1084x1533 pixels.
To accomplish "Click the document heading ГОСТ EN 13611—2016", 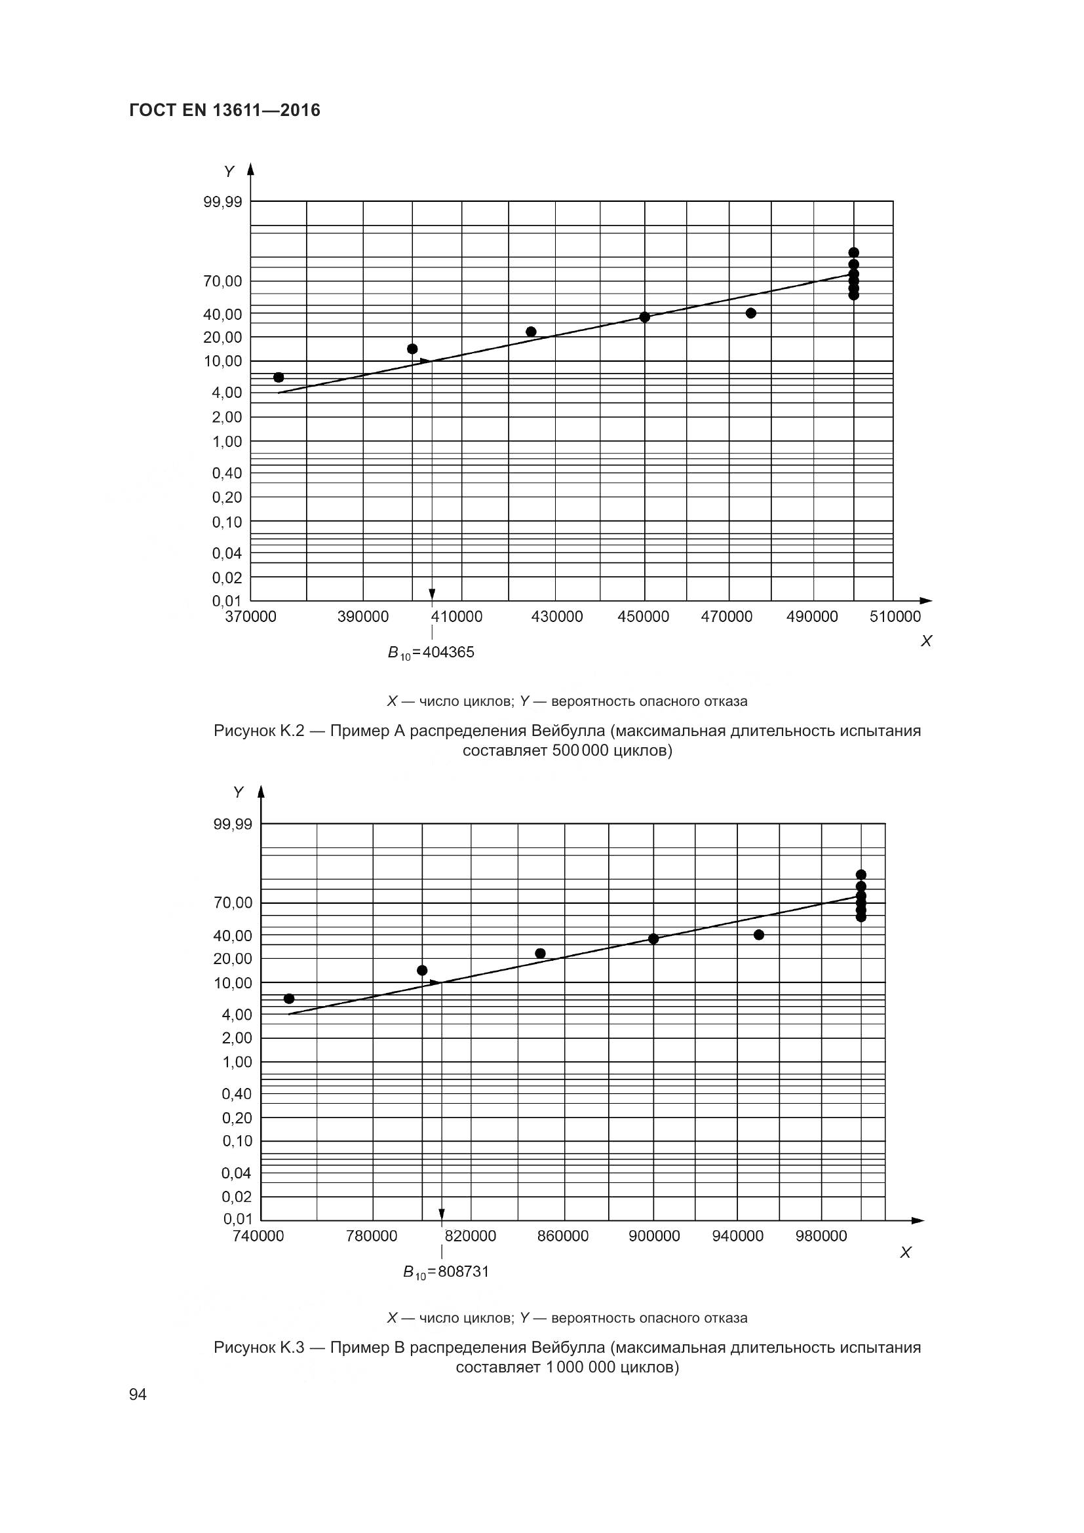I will (224, 110).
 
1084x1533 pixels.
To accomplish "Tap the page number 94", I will (138, 1394).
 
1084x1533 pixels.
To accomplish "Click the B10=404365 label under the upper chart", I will (431, 652).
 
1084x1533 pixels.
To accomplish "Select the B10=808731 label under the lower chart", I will (446, 1272).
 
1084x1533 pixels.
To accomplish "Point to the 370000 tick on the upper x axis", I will (250, 617).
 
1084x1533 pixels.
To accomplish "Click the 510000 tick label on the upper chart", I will (895, 617).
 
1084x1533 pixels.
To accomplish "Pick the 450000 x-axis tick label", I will (643, 617).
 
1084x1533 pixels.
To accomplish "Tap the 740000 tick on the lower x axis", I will (258, 1237).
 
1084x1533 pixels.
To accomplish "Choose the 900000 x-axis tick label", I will (654, 1237).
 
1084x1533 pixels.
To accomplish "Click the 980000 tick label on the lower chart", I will (821, 1237).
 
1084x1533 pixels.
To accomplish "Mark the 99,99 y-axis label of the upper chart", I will (223, 202).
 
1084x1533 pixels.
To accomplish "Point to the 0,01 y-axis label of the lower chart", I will (238, 1219).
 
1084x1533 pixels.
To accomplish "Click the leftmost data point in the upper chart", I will (279, 378).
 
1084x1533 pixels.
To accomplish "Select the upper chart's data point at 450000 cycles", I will (645, 317).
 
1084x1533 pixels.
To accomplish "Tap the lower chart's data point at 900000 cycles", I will (653, 939).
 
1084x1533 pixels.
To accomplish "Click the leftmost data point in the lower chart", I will (289, 999).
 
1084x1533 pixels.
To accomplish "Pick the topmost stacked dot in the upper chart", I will (854, 252).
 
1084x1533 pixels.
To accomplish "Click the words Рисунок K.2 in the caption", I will (258, 731).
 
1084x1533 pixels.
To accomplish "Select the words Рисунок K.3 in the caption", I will (258, 1348).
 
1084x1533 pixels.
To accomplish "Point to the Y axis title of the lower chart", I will (239, 792).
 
